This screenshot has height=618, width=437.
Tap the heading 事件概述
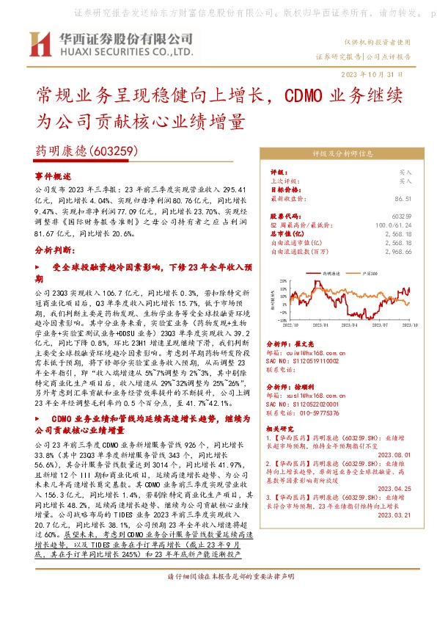(54, 176)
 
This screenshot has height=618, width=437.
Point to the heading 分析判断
(54, 250)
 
